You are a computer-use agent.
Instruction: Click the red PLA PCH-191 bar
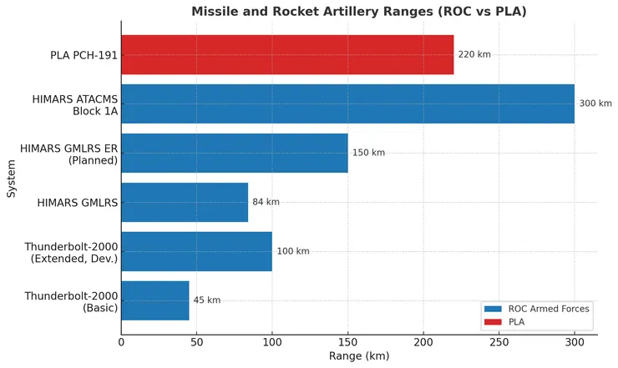(x=286, y=54)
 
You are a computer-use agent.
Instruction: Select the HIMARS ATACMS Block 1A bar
(x=347, y=103)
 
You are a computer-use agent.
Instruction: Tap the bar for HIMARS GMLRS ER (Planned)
(x=234, y=153)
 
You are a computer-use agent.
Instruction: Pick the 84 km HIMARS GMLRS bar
(x=184, y=202)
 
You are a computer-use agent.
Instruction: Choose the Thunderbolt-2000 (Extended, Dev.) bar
(x=196, y=251)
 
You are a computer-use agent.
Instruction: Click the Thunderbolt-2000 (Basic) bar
(x=154, y=300)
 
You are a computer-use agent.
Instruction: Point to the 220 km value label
(x=474, y=54)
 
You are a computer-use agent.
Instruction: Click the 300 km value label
(x=595, y=103)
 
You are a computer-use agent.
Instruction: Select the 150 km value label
(x=369, y=153)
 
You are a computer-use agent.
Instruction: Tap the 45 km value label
(x=206, y=300)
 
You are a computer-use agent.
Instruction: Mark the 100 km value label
(x=293, y=251)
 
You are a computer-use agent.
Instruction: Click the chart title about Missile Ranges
(x=358, y=12)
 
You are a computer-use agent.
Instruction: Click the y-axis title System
(x=12, y=178)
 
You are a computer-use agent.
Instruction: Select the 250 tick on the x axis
(x=499, y=342)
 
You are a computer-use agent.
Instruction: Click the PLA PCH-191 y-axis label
(x=83, y=55)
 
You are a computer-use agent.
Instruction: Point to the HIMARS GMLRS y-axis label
(x=78, y=203)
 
